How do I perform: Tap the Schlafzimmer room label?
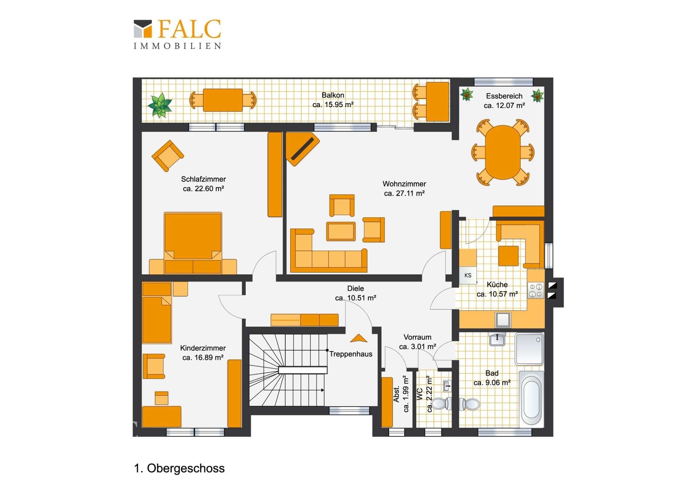coord(203,179)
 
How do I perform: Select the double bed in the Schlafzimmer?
coord(193,243)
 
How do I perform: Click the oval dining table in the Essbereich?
coord(503,152)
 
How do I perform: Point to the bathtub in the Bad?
coord(531,399)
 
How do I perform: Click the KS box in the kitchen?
coord(468,275)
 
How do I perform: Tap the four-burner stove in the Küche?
coord(536,290)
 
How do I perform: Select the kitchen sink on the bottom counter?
coord(503,320)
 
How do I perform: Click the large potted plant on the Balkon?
coord(160,105)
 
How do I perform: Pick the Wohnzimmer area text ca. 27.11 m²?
coord(404,193)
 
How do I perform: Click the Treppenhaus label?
coord(351,354)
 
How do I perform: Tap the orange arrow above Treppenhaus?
coord(359,338)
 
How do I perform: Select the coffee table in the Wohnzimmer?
coord(341,231)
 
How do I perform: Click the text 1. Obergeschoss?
coord(179,468)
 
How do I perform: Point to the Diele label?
coord(355,288)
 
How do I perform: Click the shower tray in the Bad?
coord(529,349)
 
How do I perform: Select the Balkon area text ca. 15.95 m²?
coord(333,105)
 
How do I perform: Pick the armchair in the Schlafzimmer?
coord(167,156)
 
